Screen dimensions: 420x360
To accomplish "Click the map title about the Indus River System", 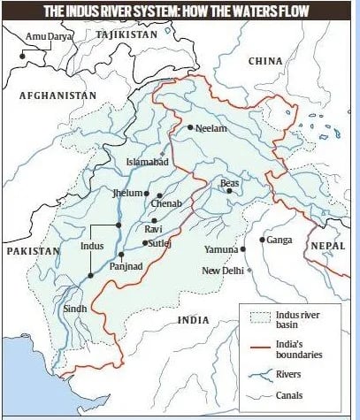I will pyautogui.click(x=180, y=11).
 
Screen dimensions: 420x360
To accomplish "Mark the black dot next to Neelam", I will pyautogui.click(x=188, y=127).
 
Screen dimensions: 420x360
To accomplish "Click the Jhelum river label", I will pyautogui.click(x=128, y=192).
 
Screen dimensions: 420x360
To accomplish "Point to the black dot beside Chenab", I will pyautogui.click(x=160, y=195).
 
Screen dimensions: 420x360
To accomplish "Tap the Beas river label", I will pyautogui.click(x=230, y=184).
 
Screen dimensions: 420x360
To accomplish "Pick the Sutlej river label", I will pyautogui.click(x=159, y=242).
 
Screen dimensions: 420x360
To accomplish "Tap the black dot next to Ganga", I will pyautogui.click(x=262, y=240).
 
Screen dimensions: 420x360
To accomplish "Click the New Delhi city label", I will pyautogui.click(x=224, y=271).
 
